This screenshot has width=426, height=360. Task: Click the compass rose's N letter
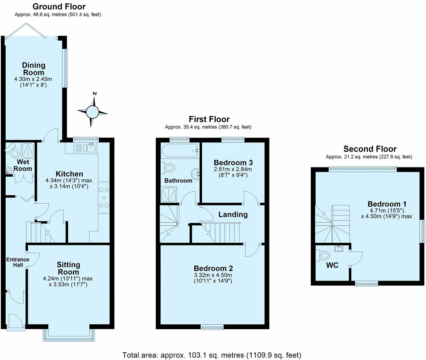[x=94, y=93]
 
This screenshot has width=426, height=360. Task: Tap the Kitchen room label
[x=69, y=174]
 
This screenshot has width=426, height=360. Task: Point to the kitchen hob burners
[x=104, y=198]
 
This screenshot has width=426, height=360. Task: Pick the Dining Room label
[x=34, y=69]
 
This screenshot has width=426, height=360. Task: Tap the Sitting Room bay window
[x=69, y=335]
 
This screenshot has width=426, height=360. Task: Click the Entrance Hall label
[x=18, y=262]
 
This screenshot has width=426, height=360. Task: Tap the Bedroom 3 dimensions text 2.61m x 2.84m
[x=233, y=169]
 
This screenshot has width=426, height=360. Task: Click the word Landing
[x=233, y=215]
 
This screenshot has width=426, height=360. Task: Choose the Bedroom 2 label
[x=213, y=268]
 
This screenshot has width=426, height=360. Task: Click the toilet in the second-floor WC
[x=323, y=255]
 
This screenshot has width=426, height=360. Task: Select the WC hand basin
[x=339, y=248]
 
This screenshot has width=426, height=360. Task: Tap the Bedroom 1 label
[x=387, y=204]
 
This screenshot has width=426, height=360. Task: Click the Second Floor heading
[x=370, y=149]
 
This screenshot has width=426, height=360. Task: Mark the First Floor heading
[x=209, y=119]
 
